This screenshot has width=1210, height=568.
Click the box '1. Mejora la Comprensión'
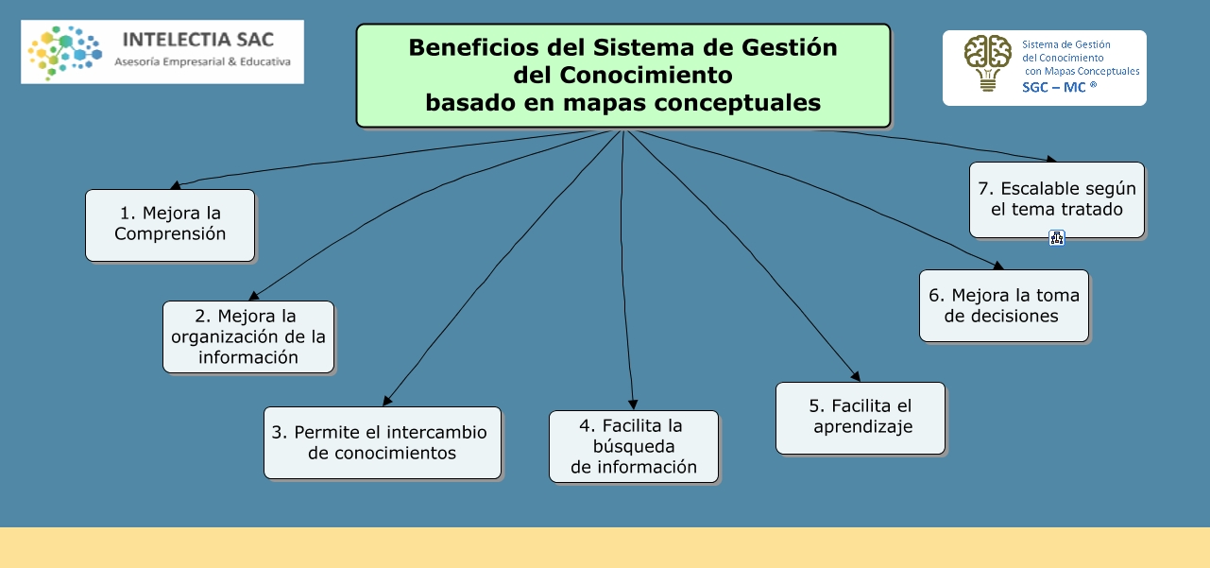point(170,225)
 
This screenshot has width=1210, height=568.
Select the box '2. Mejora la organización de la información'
point(248,336)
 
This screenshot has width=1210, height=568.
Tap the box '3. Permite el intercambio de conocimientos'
point(383,442)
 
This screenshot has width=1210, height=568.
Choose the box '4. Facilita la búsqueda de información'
point(634,446)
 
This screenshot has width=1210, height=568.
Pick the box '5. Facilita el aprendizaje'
point(861,418)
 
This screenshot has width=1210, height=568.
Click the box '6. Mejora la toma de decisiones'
point(1003,305)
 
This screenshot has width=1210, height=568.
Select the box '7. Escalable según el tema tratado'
point(1056,198)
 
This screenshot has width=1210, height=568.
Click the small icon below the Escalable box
point(1057,238)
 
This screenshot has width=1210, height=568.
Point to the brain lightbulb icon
point(987,62)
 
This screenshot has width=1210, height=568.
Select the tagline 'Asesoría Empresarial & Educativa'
point(202,62)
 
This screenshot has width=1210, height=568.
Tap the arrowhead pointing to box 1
point(175,185)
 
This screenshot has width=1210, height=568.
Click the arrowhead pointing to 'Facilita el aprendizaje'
point(855,376)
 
